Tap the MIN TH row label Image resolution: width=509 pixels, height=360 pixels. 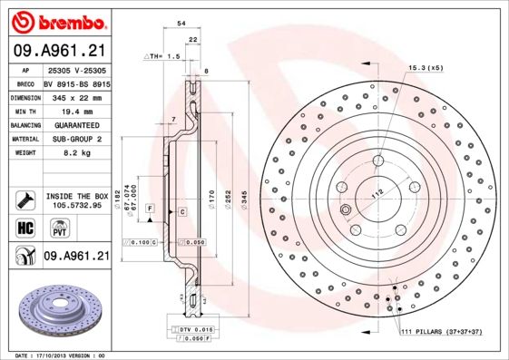[24, 110]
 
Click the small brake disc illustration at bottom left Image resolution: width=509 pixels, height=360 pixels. [55, 307]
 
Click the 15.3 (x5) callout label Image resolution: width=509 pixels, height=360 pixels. [426, 67]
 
